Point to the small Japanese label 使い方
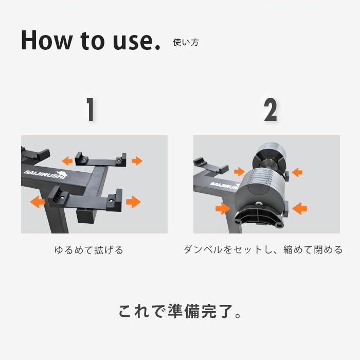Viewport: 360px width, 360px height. (185, 43)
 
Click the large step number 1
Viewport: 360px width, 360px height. (91, 110)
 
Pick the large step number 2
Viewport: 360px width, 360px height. (270, 110)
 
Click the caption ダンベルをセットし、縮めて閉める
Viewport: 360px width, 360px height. (263, 250)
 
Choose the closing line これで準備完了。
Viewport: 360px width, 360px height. (180, 311)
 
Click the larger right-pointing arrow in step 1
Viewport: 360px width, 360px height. (133, 201)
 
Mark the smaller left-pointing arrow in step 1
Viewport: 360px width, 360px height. (67, 161)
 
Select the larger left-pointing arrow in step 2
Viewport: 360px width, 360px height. (299, 208)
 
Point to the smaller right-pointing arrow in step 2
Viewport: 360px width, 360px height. (239, 171)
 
